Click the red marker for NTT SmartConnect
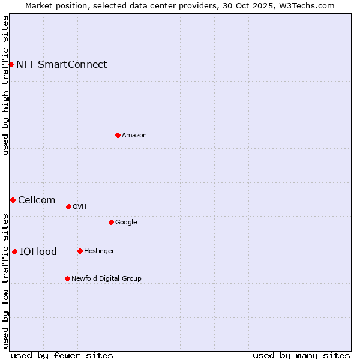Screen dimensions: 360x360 pos(11,64)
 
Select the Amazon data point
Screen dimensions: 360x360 pos(118,135)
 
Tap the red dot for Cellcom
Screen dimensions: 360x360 pos(13,200)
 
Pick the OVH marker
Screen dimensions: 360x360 pos(68,206)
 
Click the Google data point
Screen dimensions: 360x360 pos(111,222)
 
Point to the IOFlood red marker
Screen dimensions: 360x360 pos(14,251)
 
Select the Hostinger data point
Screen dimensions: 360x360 pos(80,251)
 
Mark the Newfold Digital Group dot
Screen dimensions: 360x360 pos(67,278)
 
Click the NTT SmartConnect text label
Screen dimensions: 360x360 pos(61,65)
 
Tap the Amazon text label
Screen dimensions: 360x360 pos(134,136)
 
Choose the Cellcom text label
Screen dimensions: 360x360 pos(37,200)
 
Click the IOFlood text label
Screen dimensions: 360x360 pos(38,252)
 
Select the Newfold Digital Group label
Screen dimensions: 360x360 pos(106,278)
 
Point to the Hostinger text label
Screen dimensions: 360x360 pos(99,251)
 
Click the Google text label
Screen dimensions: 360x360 pos(126,222)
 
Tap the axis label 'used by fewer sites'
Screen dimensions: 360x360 pos(62,355)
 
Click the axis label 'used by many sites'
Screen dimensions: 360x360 pos(301,355)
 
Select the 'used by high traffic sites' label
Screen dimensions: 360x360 pos(6,85)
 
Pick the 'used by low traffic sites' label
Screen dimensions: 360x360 pos(6,280)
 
